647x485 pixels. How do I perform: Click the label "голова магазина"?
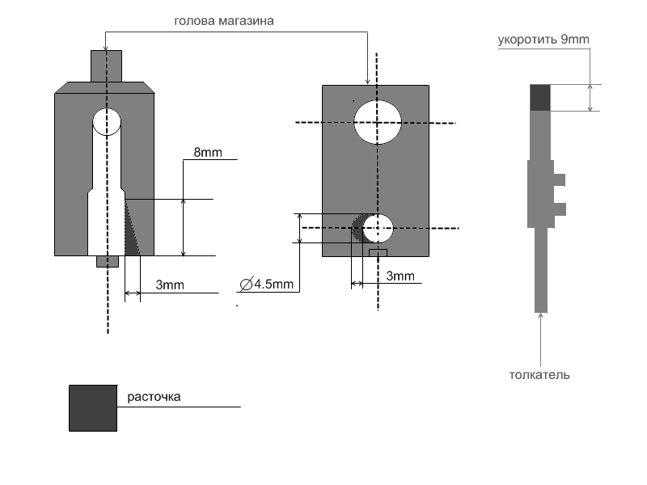224,22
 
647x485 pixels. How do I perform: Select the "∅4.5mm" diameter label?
267,285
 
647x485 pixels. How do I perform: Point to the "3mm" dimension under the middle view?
400,276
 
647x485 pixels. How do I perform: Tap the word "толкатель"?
540,374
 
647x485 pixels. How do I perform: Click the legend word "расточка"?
154,397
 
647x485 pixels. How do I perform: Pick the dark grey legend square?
93,408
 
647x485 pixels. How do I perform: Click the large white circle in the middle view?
378,122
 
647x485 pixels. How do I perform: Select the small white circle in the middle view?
378,229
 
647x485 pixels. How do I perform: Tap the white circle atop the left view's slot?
107,123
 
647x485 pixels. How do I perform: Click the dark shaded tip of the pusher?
540,97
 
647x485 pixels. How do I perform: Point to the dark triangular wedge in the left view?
132,230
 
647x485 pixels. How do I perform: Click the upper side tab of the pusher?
559,179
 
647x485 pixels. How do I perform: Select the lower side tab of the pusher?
559,209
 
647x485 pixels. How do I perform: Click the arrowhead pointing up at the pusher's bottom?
540,317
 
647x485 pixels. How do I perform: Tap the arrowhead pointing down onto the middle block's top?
368,81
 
